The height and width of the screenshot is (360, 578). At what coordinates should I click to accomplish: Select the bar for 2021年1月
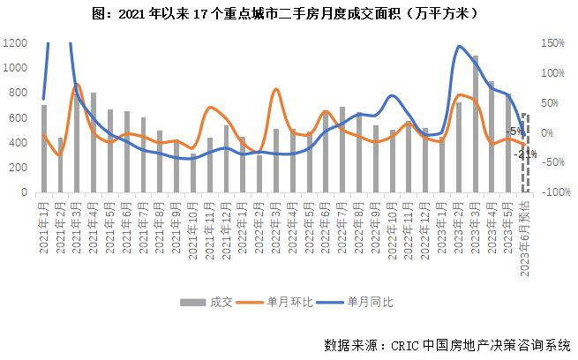pyautogui.click(x=43, y=148)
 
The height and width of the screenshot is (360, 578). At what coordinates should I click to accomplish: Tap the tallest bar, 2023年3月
pyautogui.click(x=475, y=124)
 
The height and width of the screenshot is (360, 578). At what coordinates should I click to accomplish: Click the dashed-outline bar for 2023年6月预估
pyautogui.click(x=525, y=152)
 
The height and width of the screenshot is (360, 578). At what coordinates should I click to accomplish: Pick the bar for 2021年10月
pyautogui.click(x=193, y=173)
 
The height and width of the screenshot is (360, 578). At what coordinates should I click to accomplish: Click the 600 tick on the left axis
pyautogui.click(x=18, y=117)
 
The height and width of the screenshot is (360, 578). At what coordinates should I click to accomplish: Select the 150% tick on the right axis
pyautogui.click(x=552, y=42)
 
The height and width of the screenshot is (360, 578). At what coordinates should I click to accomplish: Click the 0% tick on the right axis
pyautogui.click(x=548, y=132)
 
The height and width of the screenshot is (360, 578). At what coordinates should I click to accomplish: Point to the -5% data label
pyautogui.click(x=515, y=131)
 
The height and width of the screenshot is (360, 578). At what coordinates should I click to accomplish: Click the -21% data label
pyautogui.click(x=527, y=154)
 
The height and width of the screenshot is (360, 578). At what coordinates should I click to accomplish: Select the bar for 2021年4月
pyautogui.click(x=93, y=142)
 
